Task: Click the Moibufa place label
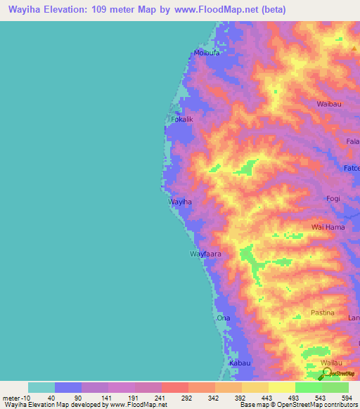[207, 53]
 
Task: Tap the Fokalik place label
[182, 119]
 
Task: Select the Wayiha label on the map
[180, 202]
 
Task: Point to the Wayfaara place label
[205, 254]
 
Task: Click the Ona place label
[223, 318]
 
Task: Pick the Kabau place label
[240, 363]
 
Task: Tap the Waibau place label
[329, 103]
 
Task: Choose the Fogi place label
[333, 198]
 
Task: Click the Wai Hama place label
[328, 228]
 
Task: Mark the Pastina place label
[323, 312]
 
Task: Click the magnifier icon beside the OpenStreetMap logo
[326, 372]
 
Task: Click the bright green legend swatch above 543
[309, 387]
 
